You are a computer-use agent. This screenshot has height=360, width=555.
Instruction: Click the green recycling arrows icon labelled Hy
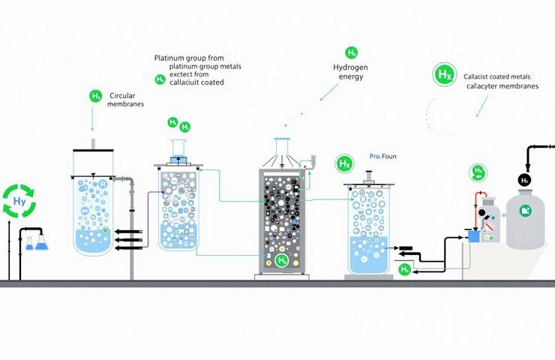tap(19, 202)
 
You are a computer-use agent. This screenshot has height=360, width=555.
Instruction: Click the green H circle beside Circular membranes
tap(95, 96)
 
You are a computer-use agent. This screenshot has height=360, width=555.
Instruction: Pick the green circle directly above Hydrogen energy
tap(351, 52)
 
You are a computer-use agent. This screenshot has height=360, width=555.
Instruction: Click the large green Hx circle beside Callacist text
tap(445, 75)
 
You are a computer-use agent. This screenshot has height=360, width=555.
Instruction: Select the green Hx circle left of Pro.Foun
tap(344, 163)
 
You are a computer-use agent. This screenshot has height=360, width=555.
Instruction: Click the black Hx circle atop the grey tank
tap(525, 180)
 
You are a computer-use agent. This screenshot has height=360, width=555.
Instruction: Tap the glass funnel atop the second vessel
tap(178, 148)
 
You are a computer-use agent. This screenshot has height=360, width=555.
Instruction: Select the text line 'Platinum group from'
tap(184, 58)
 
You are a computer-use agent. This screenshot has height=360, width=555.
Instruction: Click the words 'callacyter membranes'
tap(502, 86)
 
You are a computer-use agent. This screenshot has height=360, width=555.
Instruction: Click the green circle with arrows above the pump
tap(477, 172)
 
